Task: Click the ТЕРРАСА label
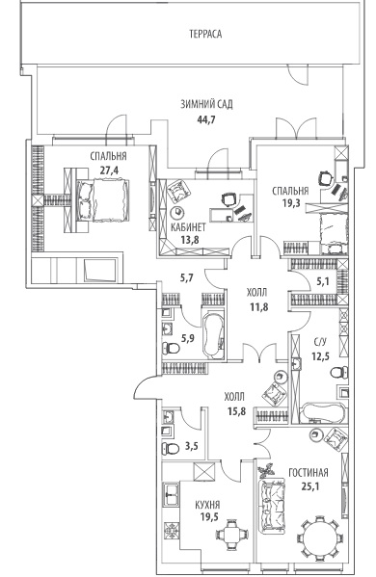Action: click(205, 35)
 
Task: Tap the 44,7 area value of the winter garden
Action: click(206, 119)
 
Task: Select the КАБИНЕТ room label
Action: click(189, 227)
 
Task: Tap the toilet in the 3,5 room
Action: click(170, 448)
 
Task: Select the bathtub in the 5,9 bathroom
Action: click(213, 335)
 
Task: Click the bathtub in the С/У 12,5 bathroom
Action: click(323, 413)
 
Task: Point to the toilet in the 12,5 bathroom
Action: click(338, 372)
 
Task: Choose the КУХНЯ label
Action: click(207, 505)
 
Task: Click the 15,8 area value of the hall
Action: click(236, 411)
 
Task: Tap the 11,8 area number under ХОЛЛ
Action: click(259, 306)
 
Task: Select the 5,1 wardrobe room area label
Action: click(323, 282)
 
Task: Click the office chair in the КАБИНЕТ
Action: click(229, 199)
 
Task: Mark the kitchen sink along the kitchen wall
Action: click(171, 495)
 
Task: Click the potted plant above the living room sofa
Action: click(266, 470)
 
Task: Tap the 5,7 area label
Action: click(186, 277)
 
